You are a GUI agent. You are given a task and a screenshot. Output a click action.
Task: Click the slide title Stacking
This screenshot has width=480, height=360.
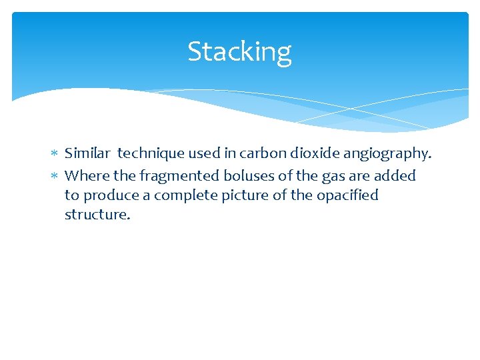(x=239, y=52)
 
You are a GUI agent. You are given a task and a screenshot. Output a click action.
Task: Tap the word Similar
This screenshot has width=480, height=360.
(x=87, y=153)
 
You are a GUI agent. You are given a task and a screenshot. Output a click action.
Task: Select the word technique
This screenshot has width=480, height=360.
(x=150, y=154)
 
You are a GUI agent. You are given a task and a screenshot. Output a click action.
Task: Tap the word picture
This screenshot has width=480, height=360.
(x=238, y=196)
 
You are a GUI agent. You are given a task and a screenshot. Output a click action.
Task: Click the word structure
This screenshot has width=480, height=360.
(x=96, y=215)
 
